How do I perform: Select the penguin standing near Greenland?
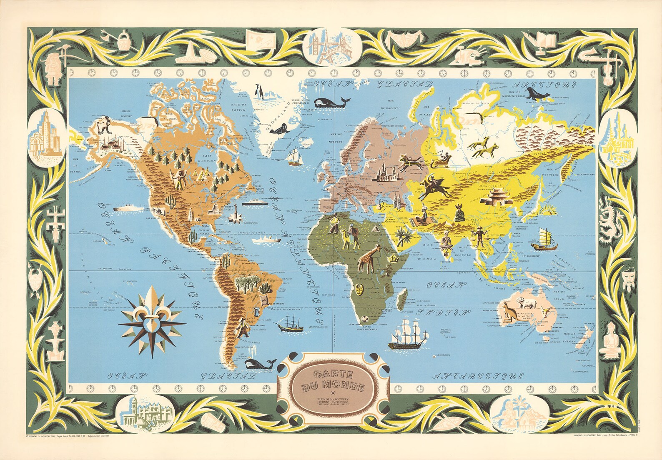point(259,91)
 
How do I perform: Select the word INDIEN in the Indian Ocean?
point(441,312)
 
